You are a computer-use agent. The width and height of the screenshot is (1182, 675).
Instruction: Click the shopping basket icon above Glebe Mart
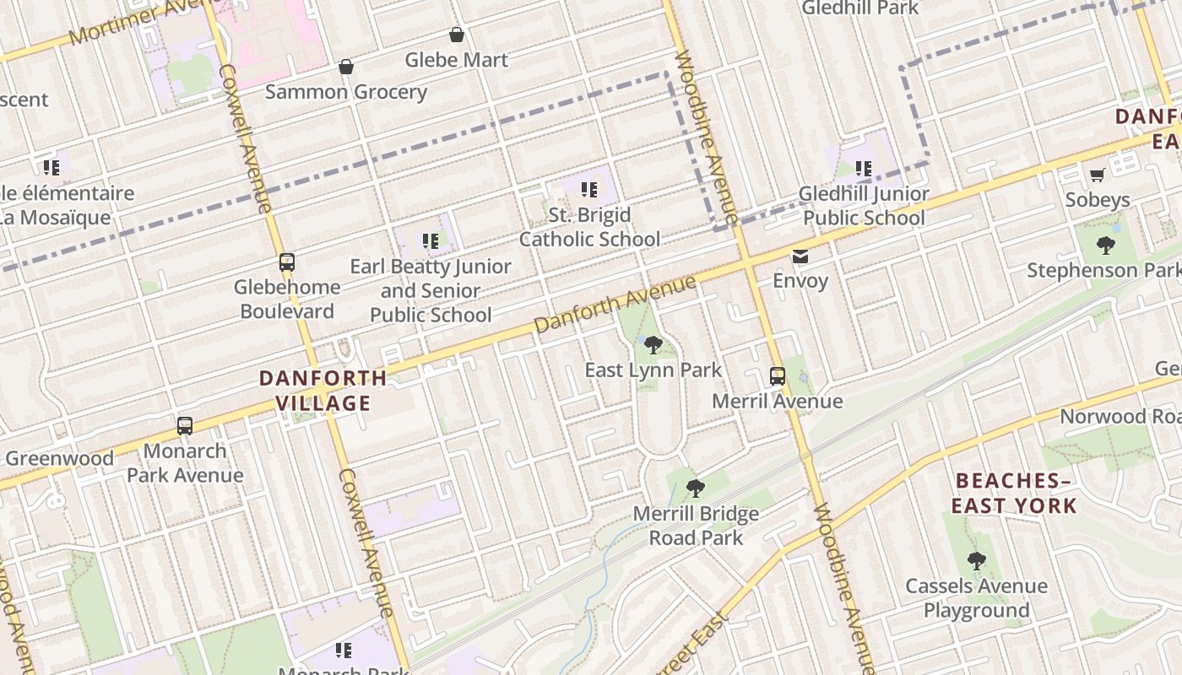point(457,35)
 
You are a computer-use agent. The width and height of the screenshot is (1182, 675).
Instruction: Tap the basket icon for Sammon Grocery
point(345,67)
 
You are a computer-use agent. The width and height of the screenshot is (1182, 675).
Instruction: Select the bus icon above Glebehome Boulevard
point(287,262)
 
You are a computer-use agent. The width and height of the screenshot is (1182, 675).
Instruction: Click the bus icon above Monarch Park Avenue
point(185,426)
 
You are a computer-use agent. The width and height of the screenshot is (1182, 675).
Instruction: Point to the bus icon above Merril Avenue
point(778,376)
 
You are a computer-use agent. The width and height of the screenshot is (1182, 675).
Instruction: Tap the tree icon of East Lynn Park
point(653,344)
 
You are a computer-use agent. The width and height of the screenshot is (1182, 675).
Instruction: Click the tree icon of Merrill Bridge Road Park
point(696,488)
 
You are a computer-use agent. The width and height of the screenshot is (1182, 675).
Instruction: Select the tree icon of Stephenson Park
point(1105,246)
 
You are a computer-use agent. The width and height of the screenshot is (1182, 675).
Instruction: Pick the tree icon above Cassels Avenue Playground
point(976,560)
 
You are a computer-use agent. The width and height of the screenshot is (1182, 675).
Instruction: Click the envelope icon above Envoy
point(800,256)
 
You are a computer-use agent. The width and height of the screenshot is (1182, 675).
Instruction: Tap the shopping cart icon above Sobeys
point(1097,175)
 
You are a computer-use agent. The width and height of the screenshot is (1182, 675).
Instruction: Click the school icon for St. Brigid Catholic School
point(589,190)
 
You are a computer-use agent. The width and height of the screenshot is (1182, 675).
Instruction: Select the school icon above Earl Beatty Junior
point(431,241)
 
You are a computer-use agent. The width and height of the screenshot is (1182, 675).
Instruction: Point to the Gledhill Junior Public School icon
point(863,169)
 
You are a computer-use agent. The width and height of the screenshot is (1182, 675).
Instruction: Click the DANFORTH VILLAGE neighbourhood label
point(323,391)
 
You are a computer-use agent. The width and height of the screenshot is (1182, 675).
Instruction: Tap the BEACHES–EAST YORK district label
point(1013,494)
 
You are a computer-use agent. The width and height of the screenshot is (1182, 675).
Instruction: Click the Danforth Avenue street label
point(615,303)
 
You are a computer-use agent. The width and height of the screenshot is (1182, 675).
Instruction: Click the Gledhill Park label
point(859,8)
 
